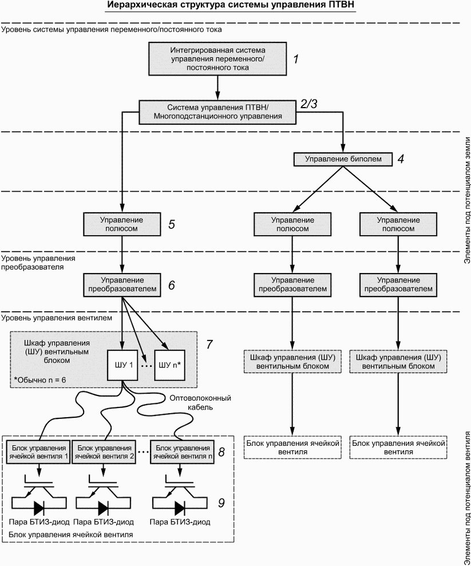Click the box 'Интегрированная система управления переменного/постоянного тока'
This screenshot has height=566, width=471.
(217, 58)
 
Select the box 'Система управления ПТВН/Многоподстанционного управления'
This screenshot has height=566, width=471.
(217, 112)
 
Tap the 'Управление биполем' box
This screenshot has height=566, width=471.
(343, 159)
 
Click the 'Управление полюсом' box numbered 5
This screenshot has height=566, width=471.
(122, 224)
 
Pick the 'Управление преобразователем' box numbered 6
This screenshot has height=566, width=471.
(122, 285)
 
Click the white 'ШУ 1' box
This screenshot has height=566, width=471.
(122, 365)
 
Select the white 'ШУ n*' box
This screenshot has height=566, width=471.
(169, 365)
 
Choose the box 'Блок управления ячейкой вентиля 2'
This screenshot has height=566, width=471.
(104, 452)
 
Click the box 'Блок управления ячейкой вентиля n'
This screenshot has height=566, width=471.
(182, 452)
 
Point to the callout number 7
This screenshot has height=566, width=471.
(209, 345)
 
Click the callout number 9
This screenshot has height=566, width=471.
(221, 503)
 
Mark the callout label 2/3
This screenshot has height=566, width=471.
(309, 104)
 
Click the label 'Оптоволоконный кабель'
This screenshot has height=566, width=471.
(200, 402)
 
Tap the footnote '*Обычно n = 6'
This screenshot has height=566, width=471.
(39, 380)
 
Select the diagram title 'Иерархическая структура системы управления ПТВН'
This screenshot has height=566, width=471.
(231, 6)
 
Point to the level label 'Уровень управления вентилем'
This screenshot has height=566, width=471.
(57, 318)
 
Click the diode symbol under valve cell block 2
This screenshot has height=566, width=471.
(103, 508)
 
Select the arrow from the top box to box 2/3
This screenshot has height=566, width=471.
(217, 88)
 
